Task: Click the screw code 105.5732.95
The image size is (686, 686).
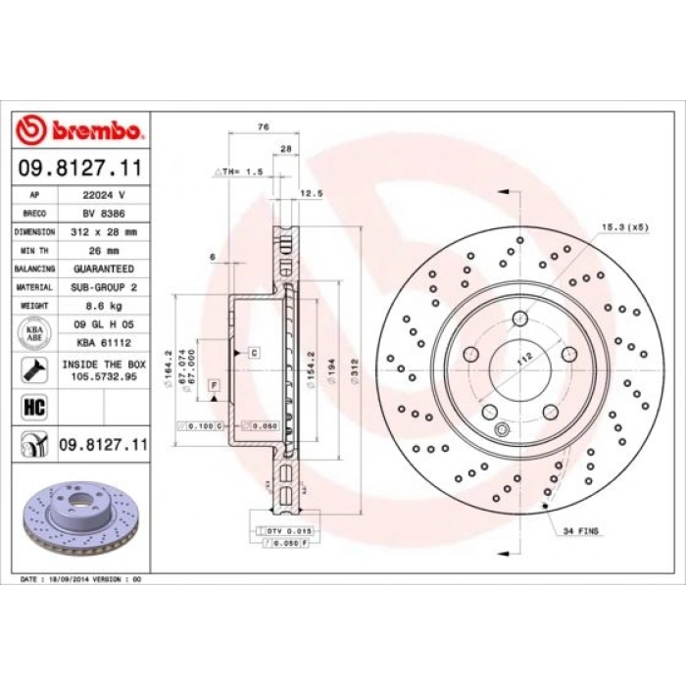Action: [104, 374]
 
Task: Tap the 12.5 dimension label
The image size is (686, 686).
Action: [312, 193]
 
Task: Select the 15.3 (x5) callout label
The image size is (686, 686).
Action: [623, 226]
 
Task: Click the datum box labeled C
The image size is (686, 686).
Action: [254, 350]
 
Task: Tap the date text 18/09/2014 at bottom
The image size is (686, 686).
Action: [77, 579]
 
